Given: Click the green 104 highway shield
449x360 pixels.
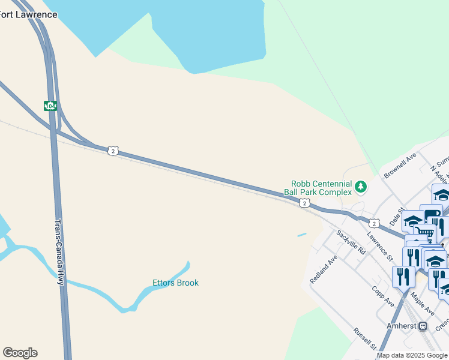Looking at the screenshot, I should (x=50, y=106).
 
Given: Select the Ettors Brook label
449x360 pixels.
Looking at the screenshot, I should (x=175, y=283).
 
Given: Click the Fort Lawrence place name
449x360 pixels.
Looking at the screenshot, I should (x=29, y=14).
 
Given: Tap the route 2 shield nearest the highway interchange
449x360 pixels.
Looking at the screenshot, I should (x=113, y=151).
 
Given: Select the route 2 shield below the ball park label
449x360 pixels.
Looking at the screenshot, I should (x=305, y=203).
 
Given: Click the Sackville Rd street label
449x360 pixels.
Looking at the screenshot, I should (x=351, y=242).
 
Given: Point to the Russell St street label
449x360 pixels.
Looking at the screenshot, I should (x=364, y=339).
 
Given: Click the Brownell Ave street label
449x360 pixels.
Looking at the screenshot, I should (x=400, y=166).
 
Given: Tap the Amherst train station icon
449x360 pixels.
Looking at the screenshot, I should (x=423, y=326).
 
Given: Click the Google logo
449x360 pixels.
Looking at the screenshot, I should (x=20, y=353).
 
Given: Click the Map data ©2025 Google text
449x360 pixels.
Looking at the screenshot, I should (x=412, y=355).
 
